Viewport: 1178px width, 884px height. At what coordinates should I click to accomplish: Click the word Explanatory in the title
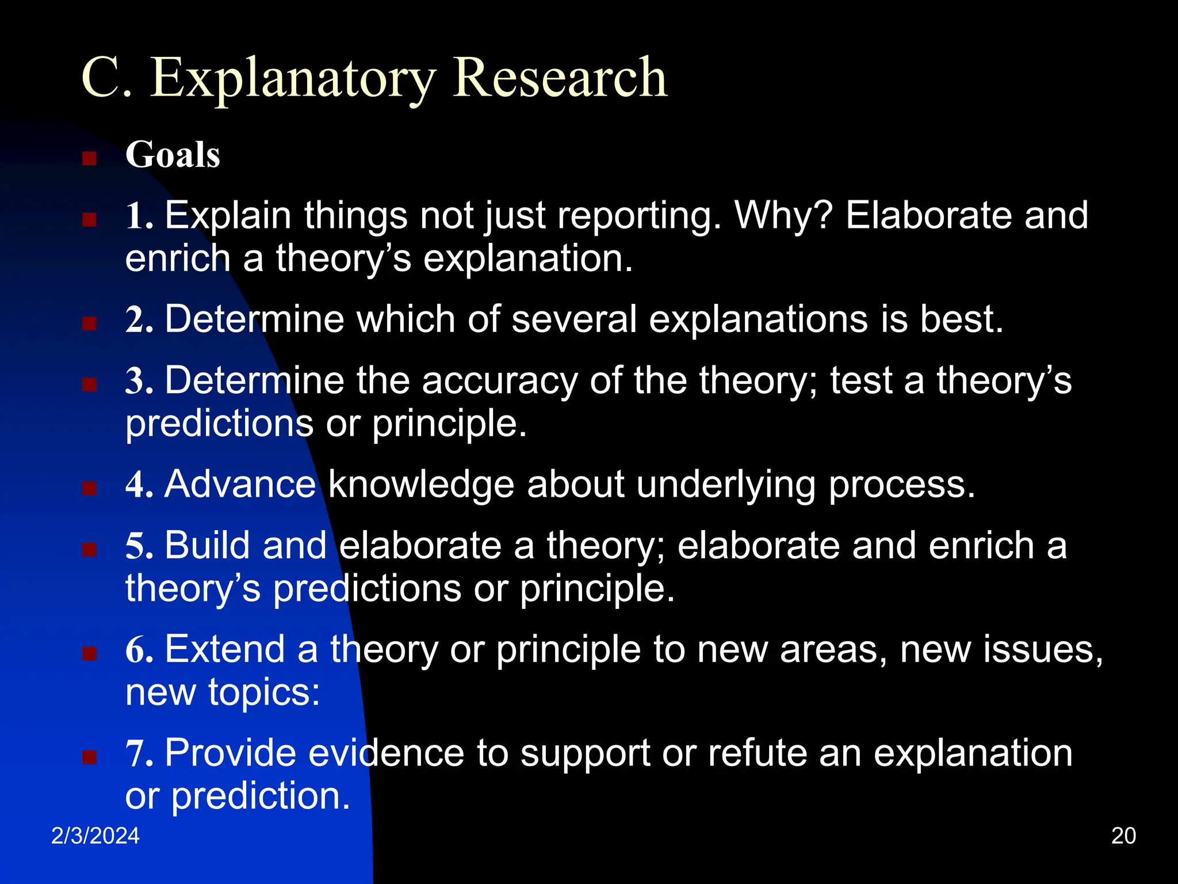point(293,79)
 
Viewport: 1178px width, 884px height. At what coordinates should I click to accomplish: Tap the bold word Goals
point(173,155)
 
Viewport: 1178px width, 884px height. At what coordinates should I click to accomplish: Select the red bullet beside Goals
point(89,158)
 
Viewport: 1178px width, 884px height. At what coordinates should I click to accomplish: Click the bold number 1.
point(139,216)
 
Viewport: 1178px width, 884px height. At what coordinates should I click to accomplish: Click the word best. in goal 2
point(961,319)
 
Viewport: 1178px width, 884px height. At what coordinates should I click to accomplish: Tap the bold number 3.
point(139,382)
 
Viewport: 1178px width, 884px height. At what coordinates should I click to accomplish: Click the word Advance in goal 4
point(240,485)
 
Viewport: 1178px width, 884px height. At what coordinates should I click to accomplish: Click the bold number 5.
point(139,546)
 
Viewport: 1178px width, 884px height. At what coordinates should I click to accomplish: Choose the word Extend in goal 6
point(224,650)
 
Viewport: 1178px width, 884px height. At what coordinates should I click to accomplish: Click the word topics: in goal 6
point(263,692)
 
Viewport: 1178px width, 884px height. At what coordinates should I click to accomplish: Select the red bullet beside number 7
point(89,756)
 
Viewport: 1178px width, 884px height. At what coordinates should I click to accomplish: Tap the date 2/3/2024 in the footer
point(95,836)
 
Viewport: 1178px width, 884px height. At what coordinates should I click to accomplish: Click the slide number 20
point(1123,836)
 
